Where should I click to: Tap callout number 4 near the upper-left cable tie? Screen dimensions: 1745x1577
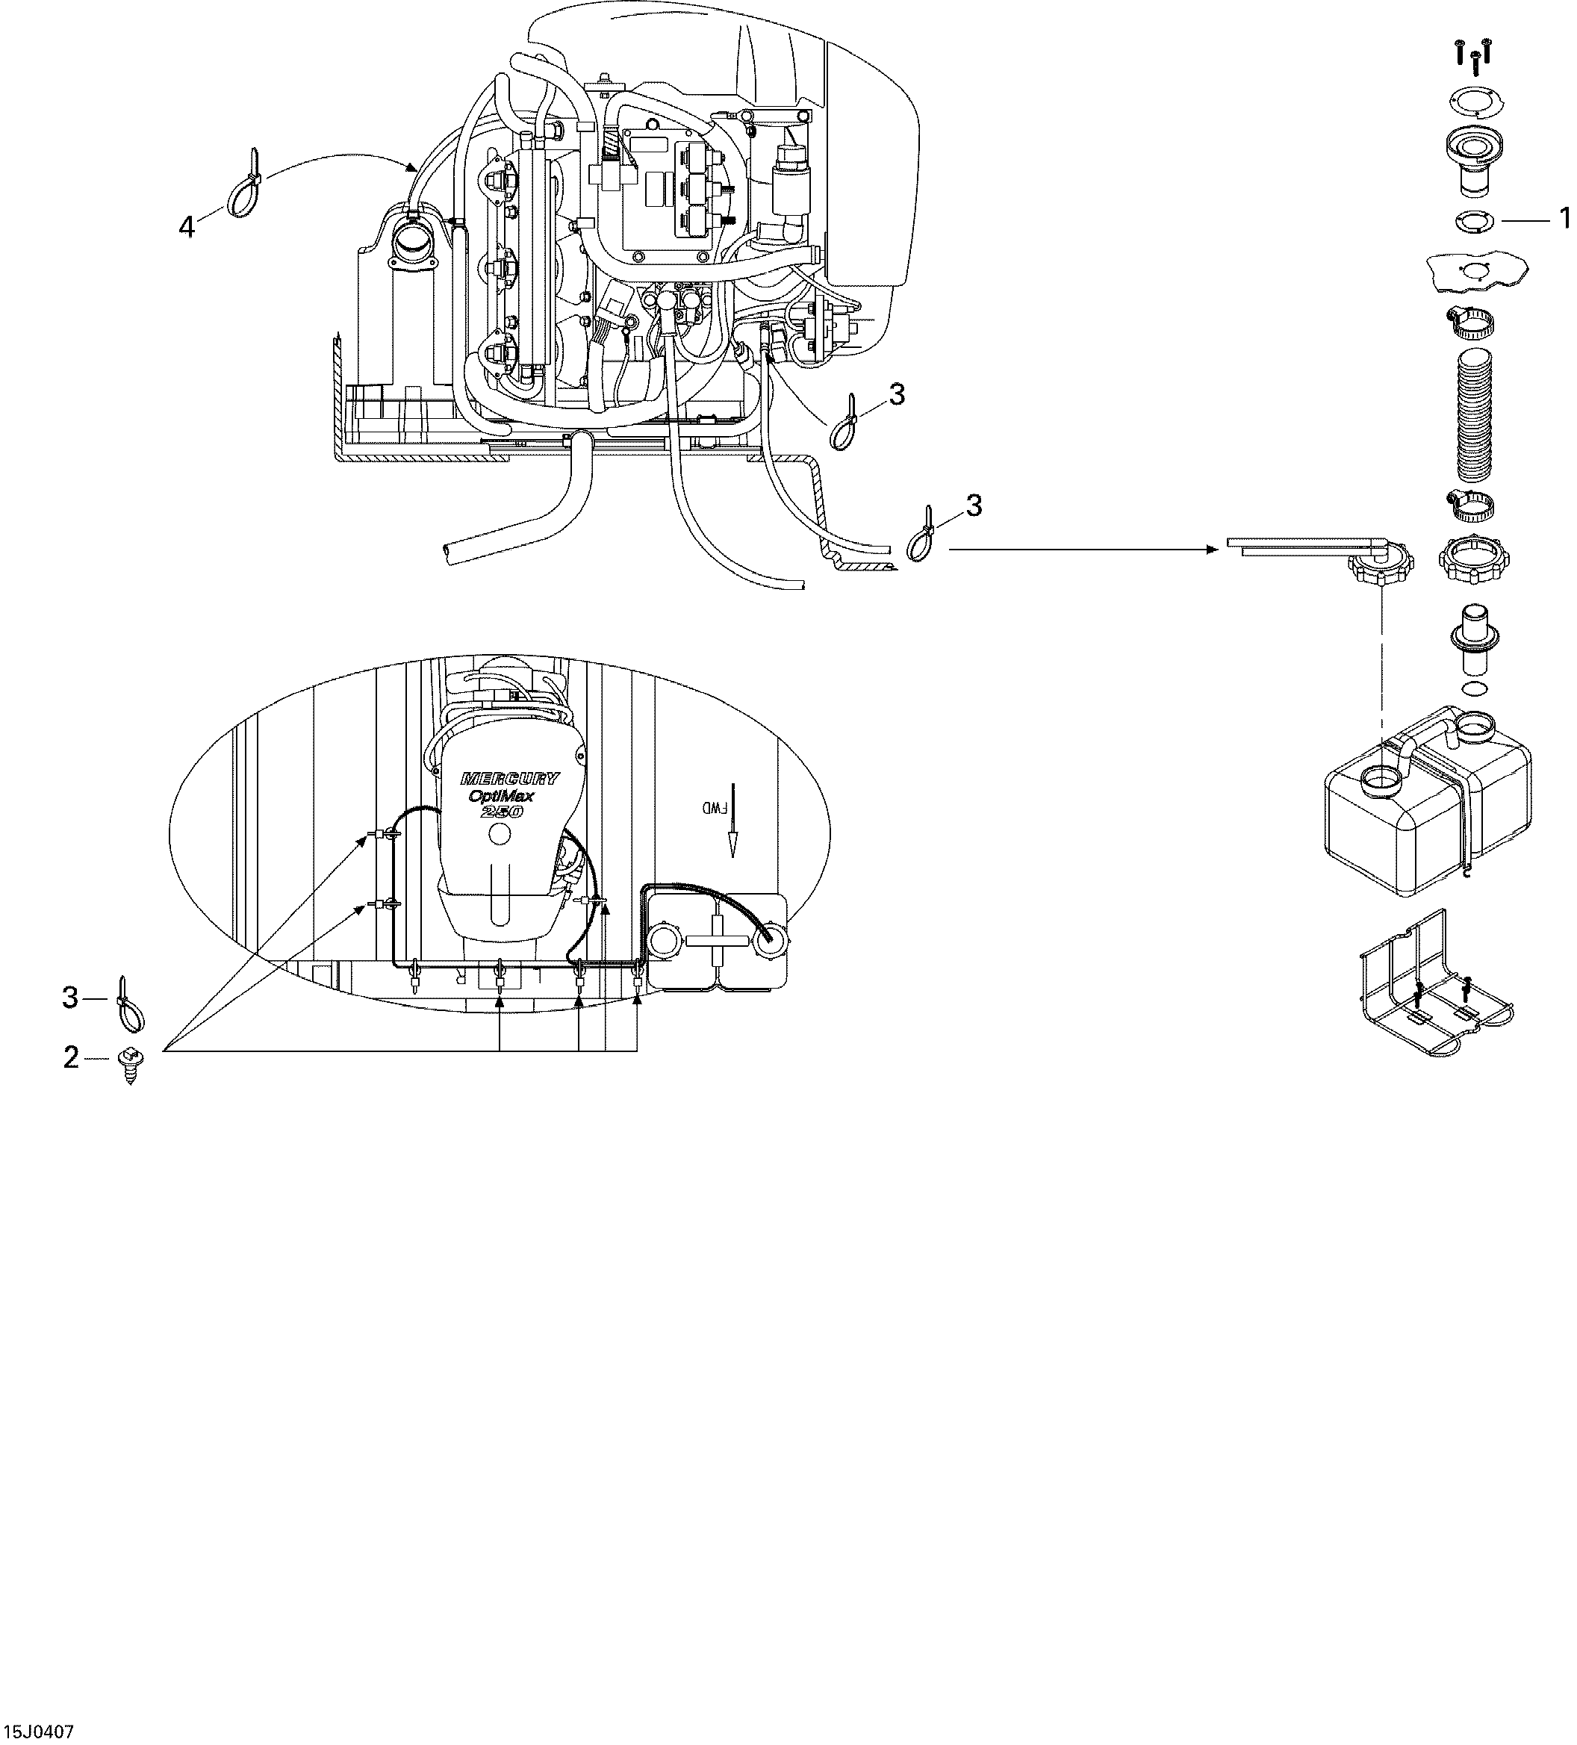click(187, 228)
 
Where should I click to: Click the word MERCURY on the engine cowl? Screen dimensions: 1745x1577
click(510, 777)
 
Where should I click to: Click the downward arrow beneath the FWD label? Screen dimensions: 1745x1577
click(733, 836)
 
